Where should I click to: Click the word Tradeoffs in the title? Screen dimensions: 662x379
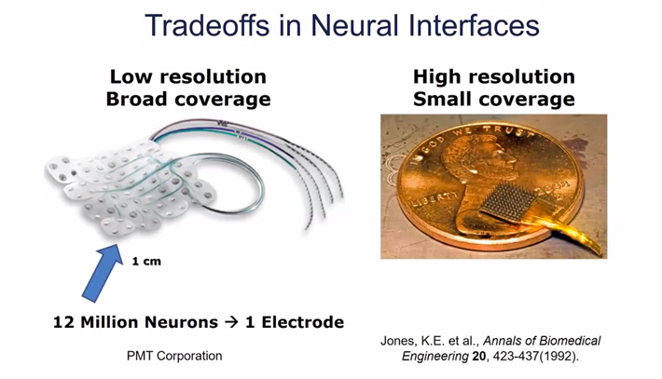tap(207, 25)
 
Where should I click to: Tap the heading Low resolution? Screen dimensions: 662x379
tap(187, 76)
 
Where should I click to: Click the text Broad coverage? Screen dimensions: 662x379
tap(188, 100)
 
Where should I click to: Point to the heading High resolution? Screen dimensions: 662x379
tap(494, 76)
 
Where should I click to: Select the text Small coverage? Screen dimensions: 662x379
tap(494, 100)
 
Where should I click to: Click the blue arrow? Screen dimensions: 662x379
tap(103, 272)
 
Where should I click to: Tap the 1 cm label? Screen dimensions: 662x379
tap(146, 262)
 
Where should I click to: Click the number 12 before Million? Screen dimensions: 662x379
tap(64, 322)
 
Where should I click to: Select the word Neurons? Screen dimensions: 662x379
tap(182, 322)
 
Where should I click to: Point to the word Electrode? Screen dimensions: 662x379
tap(303, 322)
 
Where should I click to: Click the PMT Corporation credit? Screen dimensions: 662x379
tap(174, 356)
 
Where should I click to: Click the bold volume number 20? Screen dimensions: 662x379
tap(479, 357)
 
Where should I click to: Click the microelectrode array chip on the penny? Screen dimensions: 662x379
tap(510, 202)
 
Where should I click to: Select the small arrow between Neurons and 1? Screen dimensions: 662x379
tap(231, 323)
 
